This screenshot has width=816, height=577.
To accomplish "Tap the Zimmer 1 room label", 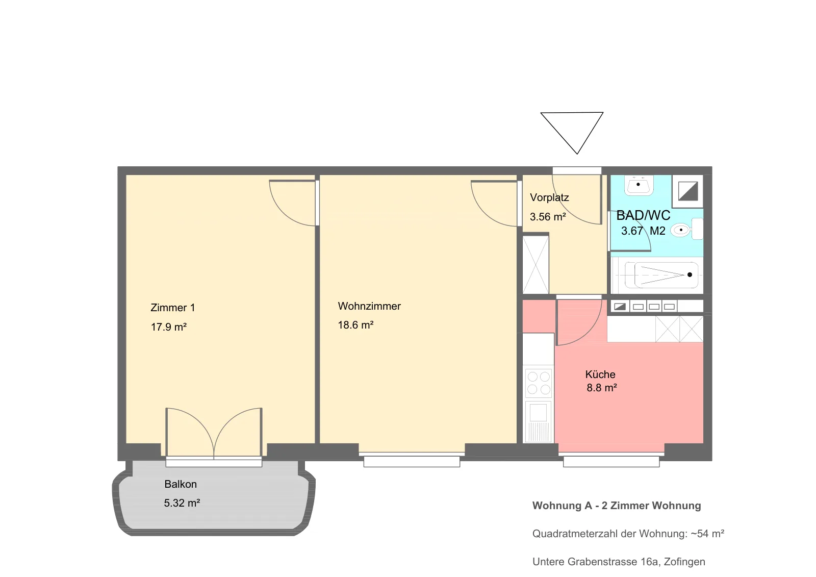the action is tap(173, 308).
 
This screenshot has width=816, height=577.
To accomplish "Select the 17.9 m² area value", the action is tap(169, 327).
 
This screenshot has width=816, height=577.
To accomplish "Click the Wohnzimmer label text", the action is tap(369, 306).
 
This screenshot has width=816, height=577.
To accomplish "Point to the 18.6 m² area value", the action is tap(355, 325).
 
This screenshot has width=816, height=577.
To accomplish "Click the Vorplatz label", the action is tap(549, 197).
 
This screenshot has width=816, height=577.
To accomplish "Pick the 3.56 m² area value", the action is tap(548, 217).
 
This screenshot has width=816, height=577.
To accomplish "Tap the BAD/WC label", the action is tap(643, 215).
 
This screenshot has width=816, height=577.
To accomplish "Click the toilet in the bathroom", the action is tap(686, 229).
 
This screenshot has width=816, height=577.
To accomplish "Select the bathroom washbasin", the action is tap(639, 185).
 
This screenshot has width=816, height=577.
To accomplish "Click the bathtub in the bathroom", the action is tap(657, 275).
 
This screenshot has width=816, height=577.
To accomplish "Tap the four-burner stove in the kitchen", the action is tap(539, 383).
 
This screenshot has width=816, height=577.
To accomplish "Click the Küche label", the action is tap(600, 374).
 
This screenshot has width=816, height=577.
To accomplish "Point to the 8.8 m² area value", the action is tap(602, 388).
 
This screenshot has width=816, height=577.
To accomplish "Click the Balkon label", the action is tap(181, 484).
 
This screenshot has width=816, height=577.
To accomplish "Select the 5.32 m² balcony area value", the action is tap(182, 503).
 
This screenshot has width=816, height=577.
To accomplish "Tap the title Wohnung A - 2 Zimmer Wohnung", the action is tap(617, 506).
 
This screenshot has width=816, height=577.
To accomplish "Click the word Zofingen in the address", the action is tap(684, 562).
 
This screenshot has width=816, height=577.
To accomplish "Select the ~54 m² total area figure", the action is tap(707, 534).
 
